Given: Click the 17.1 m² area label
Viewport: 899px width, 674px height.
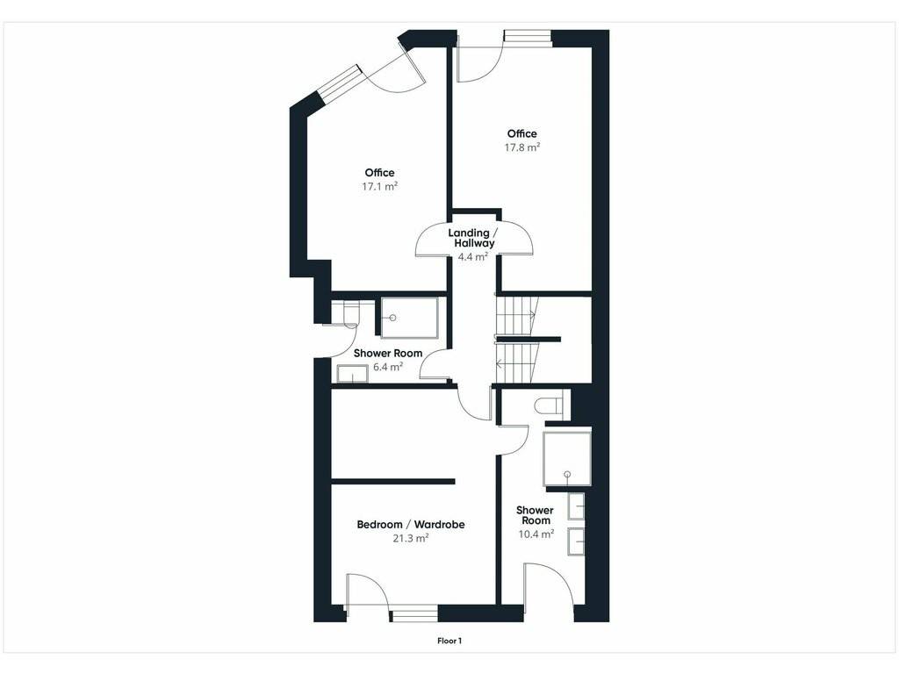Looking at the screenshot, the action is point(379,186).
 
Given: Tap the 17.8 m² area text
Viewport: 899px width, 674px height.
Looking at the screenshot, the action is point(521,147).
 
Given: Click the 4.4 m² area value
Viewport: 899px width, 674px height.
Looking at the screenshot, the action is point(473,257).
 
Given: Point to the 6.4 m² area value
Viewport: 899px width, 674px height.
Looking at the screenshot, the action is point(387,367).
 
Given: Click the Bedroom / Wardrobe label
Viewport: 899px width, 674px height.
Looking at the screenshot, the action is point(411,525).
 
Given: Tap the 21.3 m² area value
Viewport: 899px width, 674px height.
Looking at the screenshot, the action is point(411,538).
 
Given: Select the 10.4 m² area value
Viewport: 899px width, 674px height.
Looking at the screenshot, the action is point(536,534).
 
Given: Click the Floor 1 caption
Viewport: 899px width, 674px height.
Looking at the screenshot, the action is point(449,641).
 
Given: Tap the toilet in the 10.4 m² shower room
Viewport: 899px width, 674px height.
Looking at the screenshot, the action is point(552,405).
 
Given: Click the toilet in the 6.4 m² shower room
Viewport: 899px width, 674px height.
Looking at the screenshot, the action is point(346,314).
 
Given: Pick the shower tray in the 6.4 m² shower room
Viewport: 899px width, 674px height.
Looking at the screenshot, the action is point(409,318).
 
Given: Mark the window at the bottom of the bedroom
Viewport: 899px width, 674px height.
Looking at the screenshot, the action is point(414,617).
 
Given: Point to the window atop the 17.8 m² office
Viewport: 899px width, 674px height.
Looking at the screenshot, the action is point(527,35).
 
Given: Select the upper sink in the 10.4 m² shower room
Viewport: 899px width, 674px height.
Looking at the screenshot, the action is point(576,505).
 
